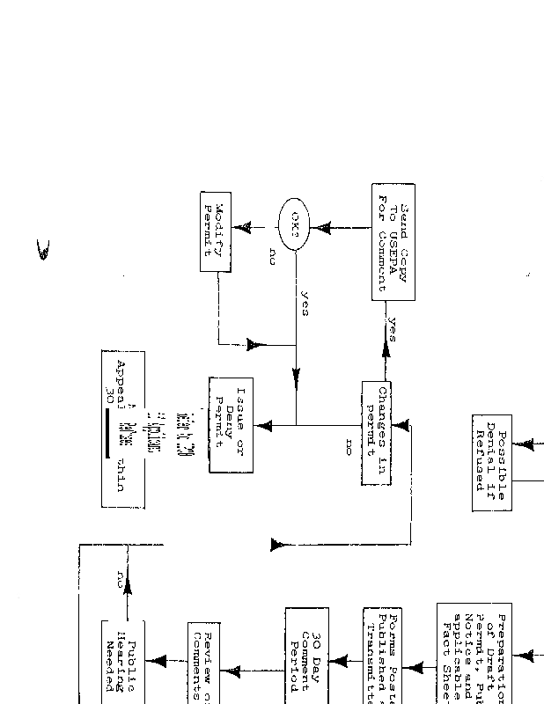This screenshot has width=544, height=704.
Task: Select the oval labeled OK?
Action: coord(295,228)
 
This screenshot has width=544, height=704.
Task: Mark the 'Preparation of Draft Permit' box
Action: coord(475,651)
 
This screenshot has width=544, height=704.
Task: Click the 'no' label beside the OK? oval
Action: coord(272,256)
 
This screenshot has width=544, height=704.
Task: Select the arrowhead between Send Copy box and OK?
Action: coord(324,228)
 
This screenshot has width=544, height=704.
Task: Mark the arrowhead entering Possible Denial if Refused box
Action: coord(527,444)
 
